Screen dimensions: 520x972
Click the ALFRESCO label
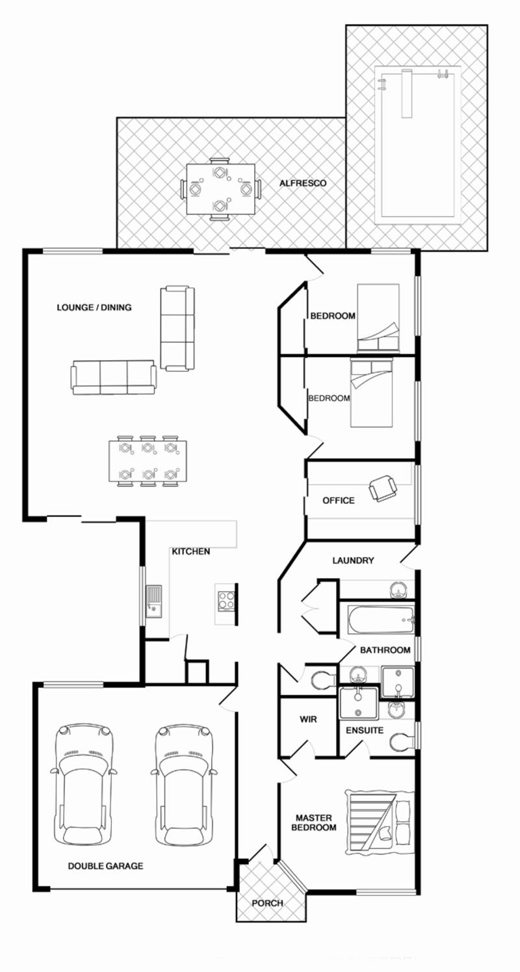coord(303,183)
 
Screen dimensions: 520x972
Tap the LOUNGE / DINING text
coord(94,308)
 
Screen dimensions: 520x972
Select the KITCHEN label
coord(191,551)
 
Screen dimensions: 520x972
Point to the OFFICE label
coord(338,501)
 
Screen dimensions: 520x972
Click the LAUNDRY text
coord(353,560)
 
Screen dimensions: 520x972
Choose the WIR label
coord(308,719)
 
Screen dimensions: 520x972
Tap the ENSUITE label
coord(365,730)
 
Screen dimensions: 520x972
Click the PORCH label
coord(268,903)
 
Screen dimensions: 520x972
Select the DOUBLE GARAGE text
coord(105,866)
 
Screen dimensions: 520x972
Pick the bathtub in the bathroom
coord(381,620)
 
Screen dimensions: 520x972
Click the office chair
coord(383,488)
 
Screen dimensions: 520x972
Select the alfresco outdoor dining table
coord(221,189)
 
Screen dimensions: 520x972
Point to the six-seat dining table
coord(148,460)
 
